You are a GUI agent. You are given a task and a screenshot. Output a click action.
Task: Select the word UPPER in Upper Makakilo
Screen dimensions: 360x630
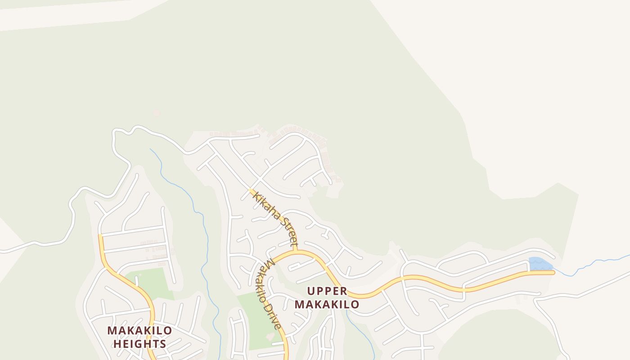pyautogui.click(x=327, y=291)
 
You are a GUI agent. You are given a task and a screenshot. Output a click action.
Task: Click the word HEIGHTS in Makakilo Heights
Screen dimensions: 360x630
pyautogui.click(x=139, y=344)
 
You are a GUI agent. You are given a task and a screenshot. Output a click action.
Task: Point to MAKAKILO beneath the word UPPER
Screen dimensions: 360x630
pyautogui.click(x=327, y=304)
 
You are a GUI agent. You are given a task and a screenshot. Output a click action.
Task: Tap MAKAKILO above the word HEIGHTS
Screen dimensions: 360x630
pyautogui.click(x=139, y=331)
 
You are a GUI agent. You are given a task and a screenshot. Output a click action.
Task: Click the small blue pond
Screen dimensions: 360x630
pyautogui.click(x=540, y=264)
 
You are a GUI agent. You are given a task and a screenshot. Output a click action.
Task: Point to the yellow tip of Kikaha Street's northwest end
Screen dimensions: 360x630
pyautogui.click(x=251, y=190)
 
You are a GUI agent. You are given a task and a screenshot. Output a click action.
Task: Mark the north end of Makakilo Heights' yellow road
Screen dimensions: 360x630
pyautogui.click(x=100, y=235)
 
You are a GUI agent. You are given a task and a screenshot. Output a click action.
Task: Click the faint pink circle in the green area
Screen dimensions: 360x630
pyautogui.click(x=157, y=113)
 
